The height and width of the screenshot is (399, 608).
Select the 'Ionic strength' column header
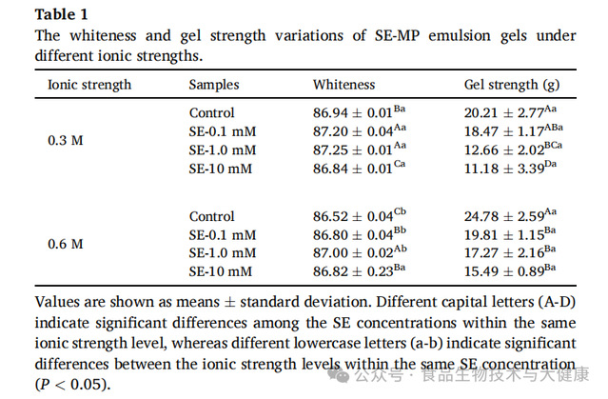pos(89,85)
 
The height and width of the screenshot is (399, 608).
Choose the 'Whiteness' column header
pos(343,85)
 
